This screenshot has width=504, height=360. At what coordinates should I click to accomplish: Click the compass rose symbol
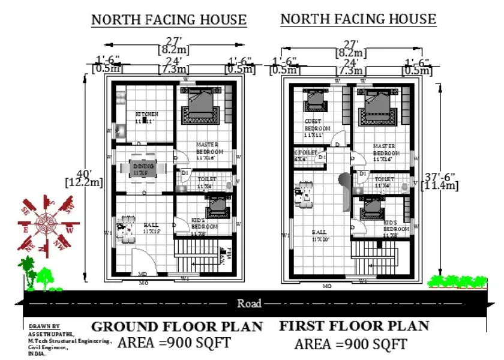click(47, 223)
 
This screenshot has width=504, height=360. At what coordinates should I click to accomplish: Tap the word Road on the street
click(249, 304)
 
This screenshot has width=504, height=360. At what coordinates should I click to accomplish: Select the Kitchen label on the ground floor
click(146, 115)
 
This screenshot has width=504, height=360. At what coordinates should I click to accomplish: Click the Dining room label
click(143, 166)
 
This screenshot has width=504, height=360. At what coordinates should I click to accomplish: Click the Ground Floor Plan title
click(177, 327)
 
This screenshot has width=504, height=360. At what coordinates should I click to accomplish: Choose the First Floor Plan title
click(354, 326)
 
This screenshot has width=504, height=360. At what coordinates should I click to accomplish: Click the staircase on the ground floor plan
click(192, 255)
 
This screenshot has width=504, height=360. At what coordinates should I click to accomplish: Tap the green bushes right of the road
click(457, 281)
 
